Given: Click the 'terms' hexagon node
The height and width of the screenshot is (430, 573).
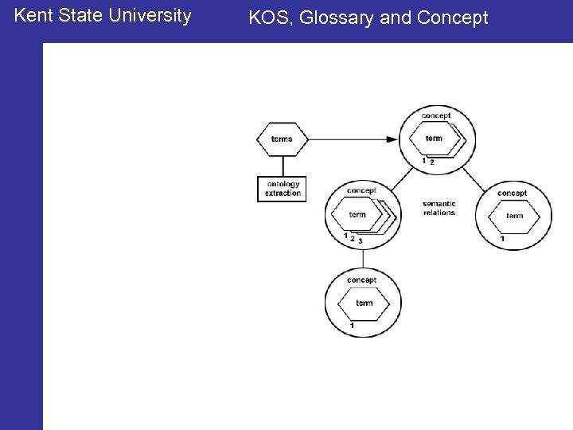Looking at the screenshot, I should [282, 139].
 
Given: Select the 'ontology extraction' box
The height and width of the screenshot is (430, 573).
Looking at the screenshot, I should [282, 189].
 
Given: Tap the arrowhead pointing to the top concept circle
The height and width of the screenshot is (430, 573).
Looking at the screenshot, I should [392, 139].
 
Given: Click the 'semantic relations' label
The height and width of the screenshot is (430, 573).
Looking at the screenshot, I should [439, 209].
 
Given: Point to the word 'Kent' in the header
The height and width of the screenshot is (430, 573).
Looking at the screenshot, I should [32, 15].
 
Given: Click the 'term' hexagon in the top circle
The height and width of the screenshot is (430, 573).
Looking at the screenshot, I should [434, 139].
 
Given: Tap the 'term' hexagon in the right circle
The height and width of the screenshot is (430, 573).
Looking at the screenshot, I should [515, 216].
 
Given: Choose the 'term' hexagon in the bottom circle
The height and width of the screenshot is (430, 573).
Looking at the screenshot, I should [364, 303].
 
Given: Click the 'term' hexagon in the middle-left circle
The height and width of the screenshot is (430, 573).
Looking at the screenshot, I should [357, 214].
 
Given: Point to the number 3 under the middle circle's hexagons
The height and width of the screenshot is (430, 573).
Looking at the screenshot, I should [361, 240].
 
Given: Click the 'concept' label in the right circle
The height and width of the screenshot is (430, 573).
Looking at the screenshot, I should [512, 193].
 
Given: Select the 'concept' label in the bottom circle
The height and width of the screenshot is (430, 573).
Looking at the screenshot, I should [362, 280].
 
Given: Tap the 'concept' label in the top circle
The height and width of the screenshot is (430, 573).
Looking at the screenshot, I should [435, 115].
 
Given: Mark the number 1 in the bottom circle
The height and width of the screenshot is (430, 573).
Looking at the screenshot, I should [352, 326].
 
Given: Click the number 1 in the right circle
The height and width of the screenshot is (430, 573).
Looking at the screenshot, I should [501, 239].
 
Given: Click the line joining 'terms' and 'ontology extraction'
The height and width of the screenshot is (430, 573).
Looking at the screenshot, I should [282, 165].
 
